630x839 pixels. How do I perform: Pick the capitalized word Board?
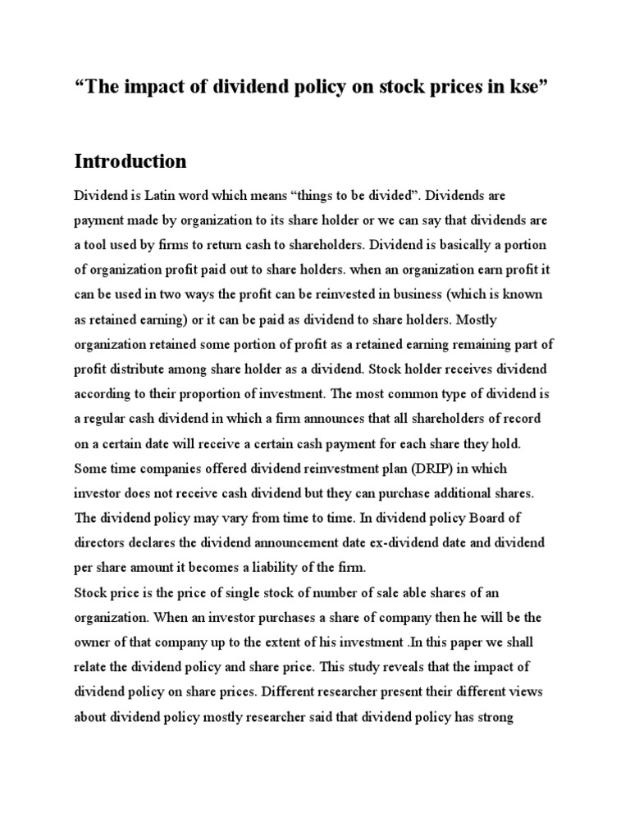[x=497, y=519]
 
